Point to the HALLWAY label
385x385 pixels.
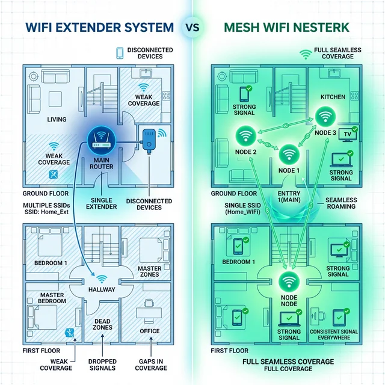(x=102, y=289)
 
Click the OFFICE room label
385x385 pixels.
(x=149, y=331)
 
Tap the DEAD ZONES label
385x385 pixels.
(x=102, y=325)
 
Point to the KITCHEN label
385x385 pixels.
(x=333, y=96)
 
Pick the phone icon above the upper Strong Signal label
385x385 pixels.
(x=245, y=94)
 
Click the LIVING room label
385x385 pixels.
(x=57, y=120)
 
